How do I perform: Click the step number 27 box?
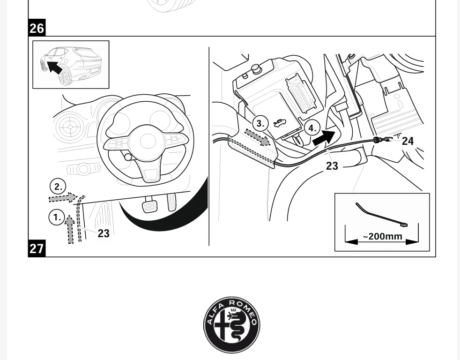point(37,248)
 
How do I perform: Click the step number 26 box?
point(37,28)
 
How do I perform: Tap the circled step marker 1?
point(57,217)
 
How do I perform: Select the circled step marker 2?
point(58,187)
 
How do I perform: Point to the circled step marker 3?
point(260,123)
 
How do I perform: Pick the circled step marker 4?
point(312,128)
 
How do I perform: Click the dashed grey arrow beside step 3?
point(257,137)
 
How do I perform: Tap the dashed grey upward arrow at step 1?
point(70,229)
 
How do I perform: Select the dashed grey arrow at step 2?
point(63,198)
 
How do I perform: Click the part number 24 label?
point(408,141)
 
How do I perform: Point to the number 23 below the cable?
point(332,166)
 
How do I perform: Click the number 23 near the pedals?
point(103,233)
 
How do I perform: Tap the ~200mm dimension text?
point(383,236)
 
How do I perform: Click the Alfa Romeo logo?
point(232,325)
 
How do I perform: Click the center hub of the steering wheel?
point(148,141)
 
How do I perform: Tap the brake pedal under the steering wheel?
point(149,207)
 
